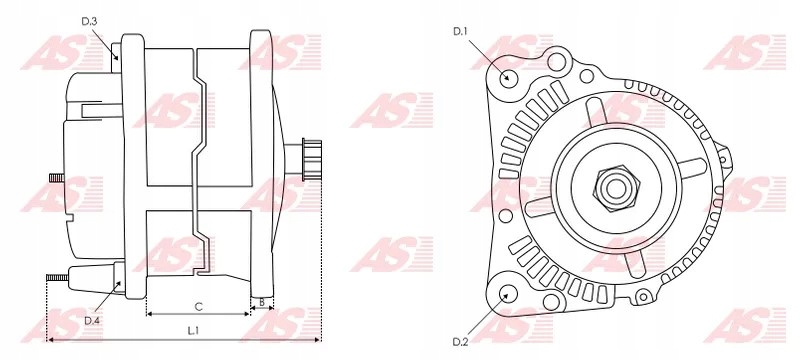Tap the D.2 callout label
pos(461,342)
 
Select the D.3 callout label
pos(89,20)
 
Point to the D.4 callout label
pos(92,320)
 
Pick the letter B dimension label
pos(261,301)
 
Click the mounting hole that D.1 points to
pos(508,76)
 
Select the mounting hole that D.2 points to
pos(508,294)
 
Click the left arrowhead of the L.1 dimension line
pos(50,340)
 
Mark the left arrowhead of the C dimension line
pos(150,313)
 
